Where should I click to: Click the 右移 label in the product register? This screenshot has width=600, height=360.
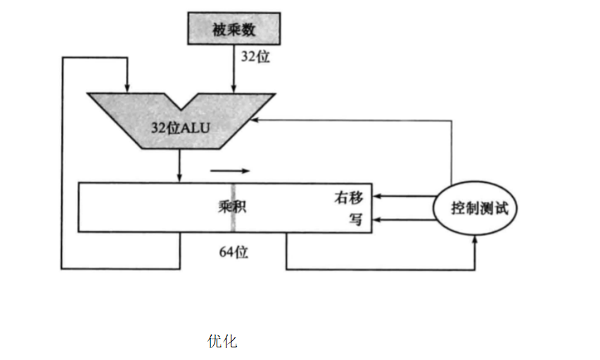(348, 197)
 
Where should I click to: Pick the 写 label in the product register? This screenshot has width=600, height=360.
(356, 219)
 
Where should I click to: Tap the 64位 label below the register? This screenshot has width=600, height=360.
(233, 252)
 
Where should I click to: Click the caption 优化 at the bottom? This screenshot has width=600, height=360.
(222, 342)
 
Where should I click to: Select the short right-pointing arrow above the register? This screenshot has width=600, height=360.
(229, 170)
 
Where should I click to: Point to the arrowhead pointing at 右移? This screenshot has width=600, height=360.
(376, 197)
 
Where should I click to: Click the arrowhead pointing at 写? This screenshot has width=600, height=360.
(376, 220)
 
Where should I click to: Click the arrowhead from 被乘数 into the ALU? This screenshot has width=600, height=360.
(233, 88)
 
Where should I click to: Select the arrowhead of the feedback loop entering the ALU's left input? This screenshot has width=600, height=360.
(127, 88)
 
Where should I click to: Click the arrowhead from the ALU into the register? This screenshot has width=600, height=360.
(180, 179)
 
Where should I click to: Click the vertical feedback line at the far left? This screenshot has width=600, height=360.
(63, 162)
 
